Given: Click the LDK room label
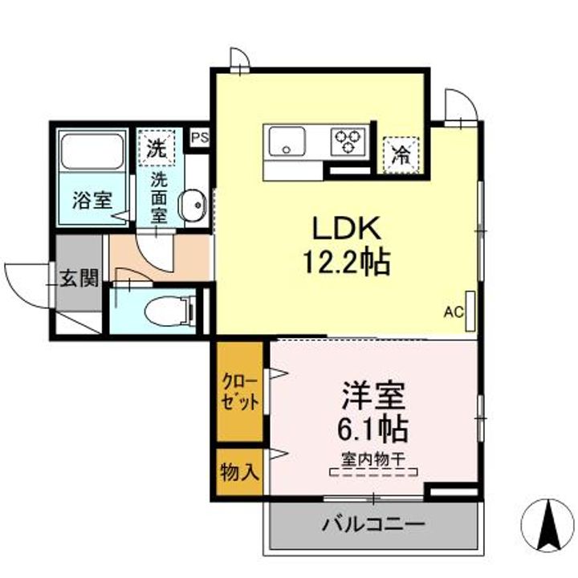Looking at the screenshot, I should (344, 230).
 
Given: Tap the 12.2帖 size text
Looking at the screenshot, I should (345, 262).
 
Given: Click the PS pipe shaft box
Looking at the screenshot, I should (199, 137).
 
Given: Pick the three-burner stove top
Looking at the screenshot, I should (348, 141).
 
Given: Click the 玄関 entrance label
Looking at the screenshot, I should (79, 279).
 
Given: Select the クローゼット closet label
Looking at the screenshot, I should (238, 393).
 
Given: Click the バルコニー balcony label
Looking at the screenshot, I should (373, 526).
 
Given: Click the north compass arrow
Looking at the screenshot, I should (549, 523).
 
